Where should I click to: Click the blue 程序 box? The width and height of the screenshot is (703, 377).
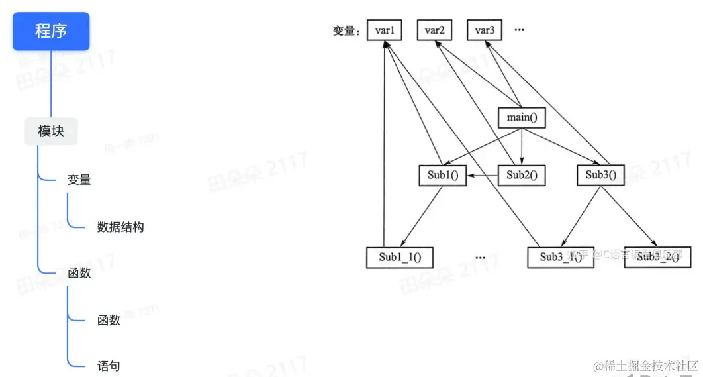51,30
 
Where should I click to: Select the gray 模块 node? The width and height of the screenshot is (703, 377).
51,131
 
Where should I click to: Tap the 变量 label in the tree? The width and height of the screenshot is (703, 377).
79,179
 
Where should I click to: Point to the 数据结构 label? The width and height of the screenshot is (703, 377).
120,227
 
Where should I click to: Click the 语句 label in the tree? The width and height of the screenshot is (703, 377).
109,366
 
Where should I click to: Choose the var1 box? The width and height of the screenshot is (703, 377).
385,30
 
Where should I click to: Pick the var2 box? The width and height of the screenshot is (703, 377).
434,30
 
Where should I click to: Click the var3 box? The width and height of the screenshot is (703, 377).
485,30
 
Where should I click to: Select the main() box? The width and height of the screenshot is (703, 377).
522,118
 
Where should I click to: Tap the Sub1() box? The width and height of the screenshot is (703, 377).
442,176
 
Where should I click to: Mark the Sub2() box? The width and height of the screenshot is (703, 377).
522,176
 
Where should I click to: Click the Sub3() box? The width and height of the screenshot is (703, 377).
600,176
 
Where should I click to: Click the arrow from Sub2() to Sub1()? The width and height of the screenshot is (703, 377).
482,176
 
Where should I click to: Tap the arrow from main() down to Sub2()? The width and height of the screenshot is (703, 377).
522,147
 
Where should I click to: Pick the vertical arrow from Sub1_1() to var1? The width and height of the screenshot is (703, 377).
384,146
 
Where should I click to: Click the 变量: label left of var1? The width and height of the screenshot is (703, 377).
347,31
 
